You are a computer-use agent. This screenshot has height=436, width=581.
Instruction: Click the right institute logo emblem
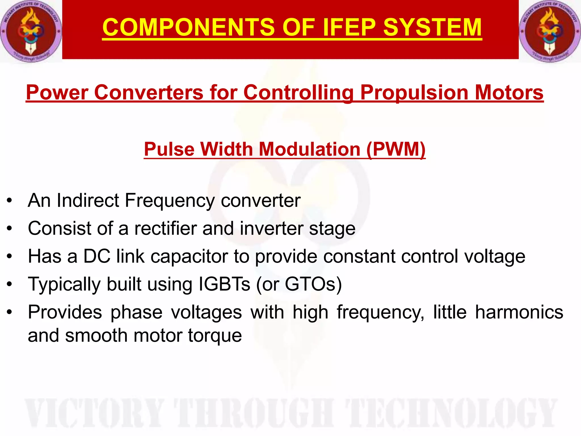549,31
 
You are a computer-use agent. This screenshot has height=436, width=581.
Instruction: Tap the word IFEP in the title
349,27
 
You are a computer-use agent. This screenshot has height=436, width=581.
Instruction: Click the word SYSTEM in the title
432,27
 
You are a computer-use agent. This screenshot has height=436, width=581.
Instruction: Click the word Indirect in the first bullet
88,200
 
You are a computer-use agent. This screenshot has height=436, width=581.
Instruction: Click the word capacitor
189,256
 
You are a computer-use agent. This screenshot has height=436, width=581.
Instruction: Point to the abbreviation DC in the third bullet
96,256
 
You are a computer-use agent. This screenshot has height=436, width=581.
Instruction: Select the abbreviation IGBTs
224,284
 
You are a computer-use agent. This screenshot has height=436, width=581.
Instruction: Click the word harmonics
519,312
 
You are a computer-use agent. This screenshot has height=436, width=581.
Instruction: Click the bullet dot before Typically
10,284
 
